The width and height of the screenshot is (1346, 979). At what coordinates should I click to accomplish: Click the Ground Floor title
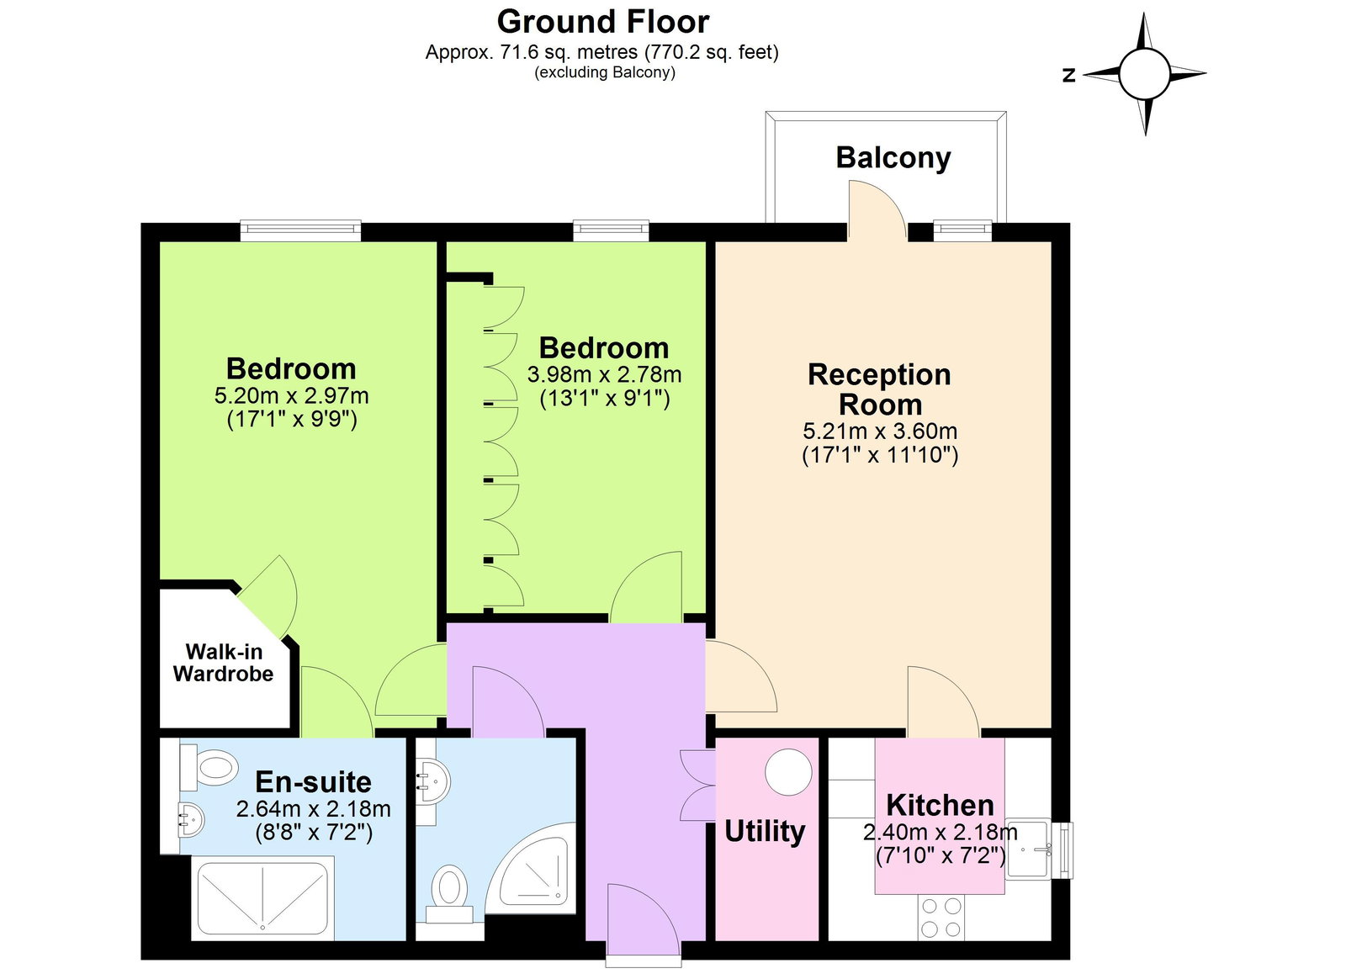point(602,22)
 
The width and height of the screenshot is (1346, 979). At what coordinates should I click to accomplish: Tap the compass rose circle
point(1144,74)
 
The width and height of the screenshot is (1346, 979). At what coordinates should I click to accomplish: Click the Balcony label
point(893,157)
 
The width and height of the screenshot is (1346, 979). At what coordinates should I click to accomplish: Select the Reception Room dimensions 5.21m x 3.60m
point(880,431)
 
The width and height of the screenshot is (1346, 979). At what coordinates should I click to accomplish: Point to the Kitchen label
point(940,805)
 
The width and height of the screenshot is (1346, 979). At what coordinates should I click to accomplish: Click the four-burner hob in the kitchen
point(941,918)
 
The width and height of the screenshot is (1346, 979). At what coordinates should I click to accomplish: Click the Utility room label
point(765,831)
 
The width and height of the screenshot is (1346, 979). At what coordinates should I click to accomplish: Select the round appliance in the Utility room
point(788,772)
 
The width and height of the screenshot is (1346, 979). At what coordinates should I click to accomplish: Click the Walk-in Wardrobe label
point(224,663)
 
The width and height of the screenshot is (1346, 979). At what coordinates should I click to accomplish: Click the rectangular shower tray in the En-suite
point(262,898)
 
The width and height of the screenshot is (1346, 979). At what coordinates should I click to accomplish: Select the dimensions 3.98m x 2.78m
point(604,374)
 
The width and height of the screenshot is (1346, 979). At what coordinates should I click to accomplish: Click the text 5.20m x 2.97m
point(291,395)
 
